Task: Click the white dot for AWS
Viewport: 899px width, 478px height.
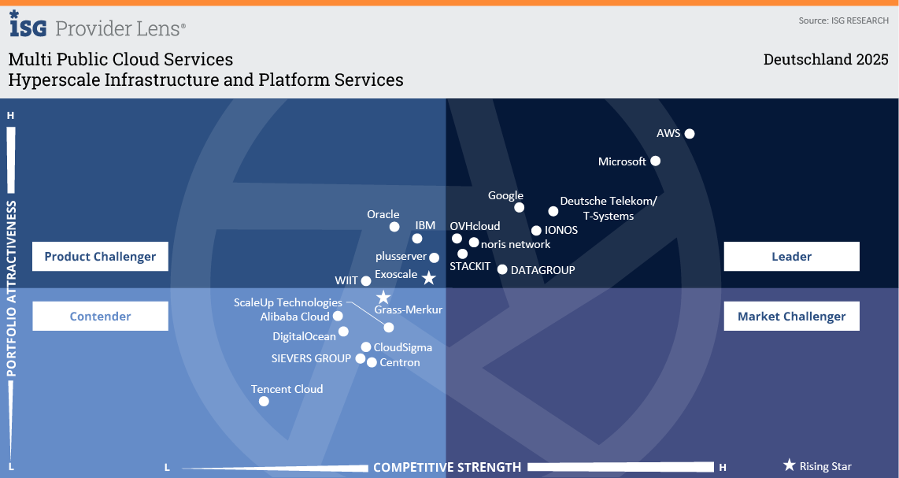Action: [x=690, y=134]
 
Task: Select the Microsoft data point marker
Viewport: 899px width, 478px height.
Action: [x=656, y=161]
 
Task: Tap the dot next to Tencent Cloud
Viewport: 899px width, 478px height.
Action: [x=264, y=401]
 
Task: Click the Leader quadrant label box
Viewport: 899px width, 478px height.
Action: [x=791, y=256]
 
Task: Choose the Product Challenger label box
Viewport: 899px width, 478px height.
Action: [x=100, y=256]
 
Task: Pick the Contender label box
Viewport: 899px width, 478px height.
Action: [x=100, y=316]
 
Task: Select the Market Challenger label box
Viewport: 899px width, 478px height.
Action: [x=791, y=316]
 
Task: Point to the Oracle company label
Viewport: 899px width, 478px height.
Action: [x=383, y=214]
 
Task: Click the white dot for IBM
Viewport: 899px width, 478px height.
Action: [x=417, y=239]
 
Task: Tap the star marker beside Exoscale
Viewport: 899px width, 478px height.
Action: [x=428, y=278]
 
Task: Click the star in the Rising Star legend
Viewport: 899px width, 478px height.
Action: [x=789, y=465]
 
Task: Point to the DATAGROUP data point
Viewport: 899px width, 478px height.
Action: [x=502, y=269]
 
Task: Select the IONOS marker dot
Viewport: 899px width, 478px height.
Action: [x=537, y=231]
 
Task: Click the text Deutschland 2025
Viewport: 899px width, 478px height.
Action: [x=826, y=60]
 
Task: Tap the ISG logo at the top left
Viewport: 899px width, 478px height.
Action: [x=28, y=25]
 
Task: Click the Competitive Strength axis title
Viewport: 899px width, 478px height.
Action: [x=447, y=467]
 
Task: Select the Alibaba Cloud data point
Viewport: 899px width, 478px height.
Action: [x=338, y=316]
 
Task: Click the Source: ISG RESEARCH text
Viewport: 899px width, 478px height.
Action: [x=843, y=20]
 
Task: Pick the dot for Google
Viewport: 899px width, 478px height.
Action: [x=520, y=207]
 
